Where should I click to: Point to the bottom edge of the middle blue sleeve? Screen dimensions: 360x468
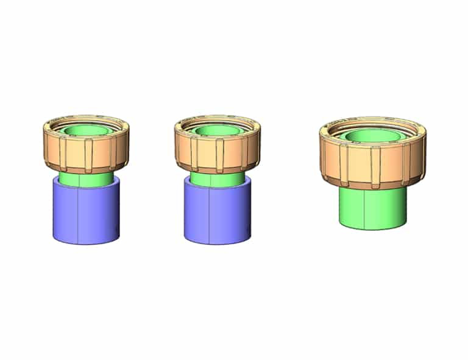coord(216,244)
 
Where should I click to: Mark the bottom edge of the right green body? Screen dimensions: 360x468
coord(372,229)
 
